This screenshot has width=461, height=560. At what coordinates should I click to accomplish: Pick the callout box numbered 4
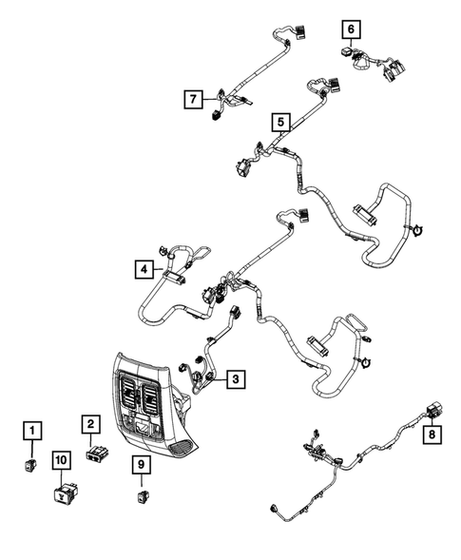(x=141, y=270)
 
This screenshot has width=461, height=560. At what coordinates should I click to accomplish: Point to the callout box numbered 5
(x=279, y=122)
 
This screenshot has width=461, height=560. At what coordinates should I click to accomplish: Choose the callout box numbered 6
(x=351, y=29)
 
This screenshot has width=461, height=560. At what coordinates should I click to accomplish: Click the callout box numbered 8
(x=432, y=435)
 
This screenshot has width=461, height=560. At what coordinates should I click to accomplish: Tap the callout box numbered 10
(x=61, y=460)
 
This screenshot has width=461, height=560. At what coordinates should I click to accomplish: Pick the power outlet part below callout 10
(x=66, y=492)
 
